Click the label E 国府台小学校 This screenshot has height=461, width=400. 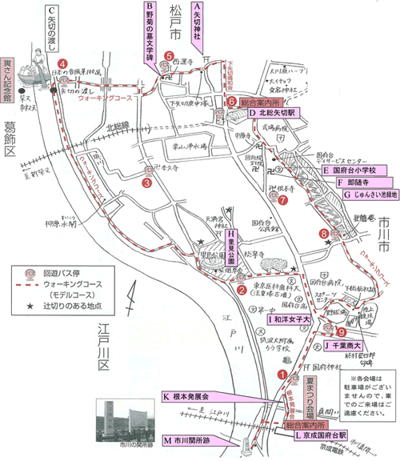(354, 170)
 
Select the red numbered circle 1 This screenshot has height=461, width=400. (282, 372)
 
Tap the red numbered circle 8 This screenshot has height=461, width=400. (324, 234)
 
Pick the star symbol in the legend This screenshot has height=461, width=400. (30, 307)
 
